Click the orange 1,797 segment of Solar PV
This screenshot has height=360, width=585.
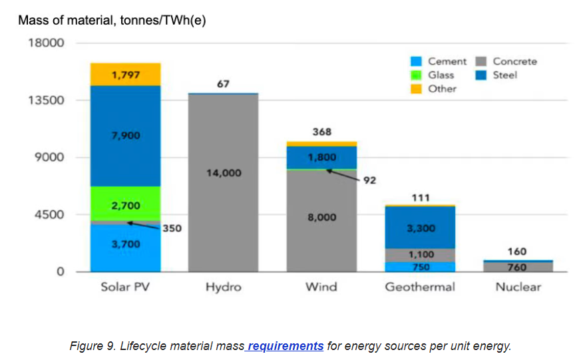126,75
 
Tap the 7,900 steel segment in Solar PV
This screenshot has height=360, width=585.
126,136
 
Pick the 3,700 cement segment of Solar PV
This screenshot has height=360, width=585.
126,245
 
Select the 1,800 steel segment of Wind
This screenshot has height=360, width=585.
321,157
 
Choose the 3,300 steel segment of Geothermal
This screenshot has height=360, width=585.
420,228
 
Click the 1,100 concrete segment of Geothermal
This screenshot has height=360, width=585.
420,254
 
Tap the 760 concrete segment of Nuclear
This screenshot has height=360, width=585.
518,267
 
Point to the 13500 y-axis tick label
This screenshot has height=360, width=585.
45,100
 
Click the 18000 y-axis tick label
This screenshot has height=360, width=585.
45,43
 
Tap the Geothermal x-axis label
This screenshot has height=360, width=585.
420,287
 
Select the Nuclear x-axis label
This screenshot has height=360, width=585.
518,287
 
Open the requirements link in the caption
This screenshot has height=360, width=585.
286,346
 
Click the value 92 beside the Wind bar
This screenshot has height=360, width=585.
371,180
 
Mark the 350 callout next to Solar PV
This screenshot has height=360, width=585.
172,228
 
